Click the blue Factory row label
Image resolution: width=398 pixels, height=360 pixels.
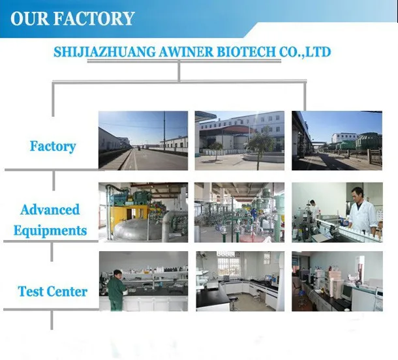click(53, 145)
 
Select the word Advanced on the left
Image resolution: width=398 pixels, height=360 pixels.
click(50, 210)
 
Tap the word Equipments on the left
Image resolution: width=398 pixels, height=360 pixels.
click(50, 230)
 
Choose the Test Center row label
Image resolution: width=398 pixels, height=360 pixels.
click(52, 291)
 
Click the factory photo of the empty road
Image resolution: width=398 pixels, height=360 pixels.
click(143, 140)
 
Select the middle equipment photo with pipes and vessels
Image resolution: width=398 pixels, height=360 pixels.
click(239, 212)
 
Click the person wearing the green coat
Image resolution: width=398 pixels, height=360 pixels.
click(117, 290)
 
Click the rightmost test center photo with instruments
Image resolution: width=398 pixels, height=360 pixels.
click(337, 281)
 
